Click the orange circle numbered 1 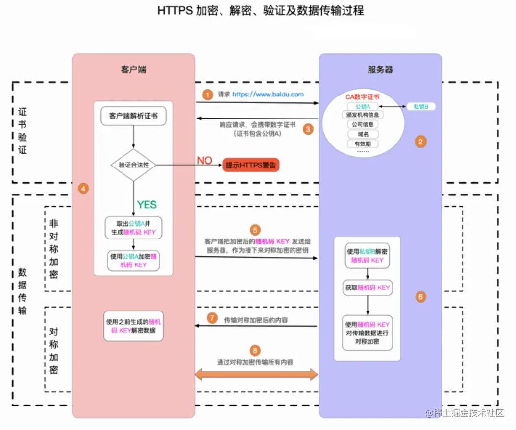tap(208, 95)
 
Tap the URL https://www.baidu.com tap(268, 94)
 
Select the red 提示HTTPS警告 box tap(251, 165)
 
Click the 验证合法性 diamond tap(133, 165)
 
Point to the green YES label tap(147, 204)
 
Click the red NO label tap(204, 161)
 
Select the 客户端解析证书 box tap(133, 117)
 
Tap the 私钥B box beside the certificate tap(420, 106)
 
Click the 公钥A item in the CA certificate tap(363, 106)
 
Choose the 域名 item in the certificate tap(363, 134)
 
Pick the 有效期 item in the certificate tap(363, 143)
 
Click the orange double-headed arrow tap(257, 375)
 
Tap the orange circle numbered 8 tap(254, 350)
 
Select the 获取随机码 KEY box tap(367, 287)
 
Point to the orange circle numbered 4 tap(83, 188)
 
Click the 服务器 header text tap(380, 70)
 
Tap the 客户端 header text tap(133, 70)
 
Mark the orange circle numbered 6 tap(420, 297)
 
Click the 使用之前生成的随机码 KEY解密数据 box tap(133, 326)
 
